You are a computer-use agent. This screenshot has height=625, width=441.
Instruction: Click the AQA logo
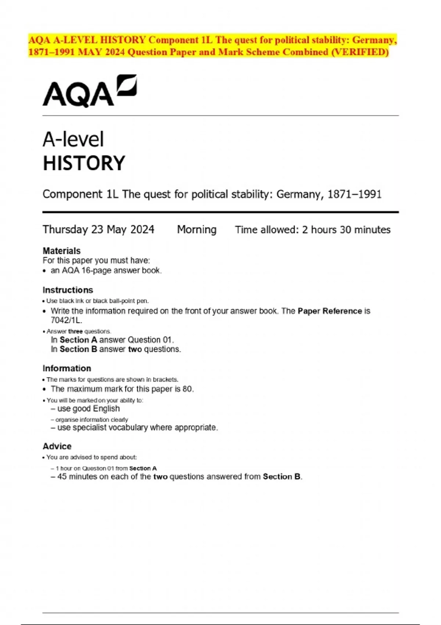[x=90, y=91]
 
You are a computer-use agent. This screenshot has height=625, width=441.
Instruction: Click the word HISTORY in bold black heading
[x=84, y=164]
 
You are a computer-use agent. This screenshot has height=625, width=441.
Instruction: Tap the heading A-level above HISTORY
[x=73, y=140]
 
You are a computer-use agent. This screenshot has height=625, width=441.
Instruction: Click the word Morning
[x=197, y=230]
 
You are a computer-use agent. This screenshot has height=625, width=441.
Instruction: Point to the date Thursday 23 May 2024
[x=98, y=230]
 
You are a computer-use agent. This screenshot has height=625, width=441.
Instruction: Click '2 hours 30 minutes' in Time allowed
[x=346, y=230]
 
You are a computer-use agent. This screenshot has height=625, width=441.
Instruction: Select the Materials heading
[x=61, y=251]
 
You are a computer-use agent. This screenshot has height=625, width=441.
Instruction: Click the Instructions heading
[x=68, y=290]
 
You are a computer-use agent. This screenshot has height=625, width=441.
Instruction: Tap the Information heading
[x=67, y=368]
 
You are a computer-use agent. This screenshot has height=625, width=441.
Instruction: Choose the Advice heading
[x=57, y=446]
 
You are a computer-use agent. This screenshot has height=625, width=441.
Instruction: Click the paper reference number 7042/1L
[x=66, y=320]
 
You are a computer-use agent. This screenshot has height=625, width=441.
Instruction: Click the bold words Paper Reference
[x=330, y=311]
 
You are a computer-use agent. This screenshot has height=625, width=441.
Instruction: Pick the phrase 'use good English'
[x=89, y=409]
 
